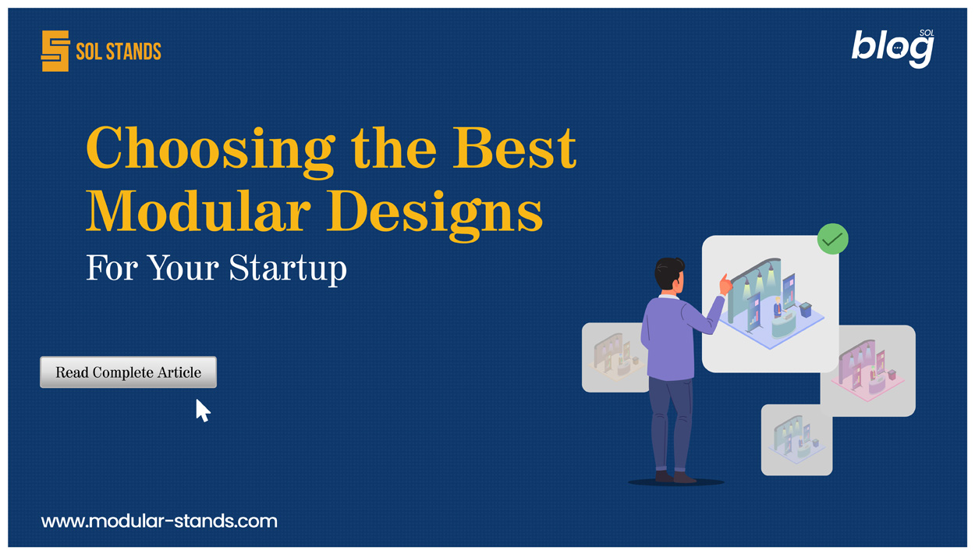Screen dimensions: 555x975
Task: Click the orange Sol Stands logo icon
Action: pyautogui.click(x=55, y=52)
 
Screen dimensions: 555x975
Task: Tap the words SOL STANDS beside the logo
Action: pyautogui.click(x=119, y=52)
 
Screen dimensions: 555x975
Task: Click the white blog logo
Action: pyautogui.click(x=892, y=48)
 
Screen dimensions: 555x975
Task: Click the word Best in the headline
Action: pyautogui.click(x=516, y=147)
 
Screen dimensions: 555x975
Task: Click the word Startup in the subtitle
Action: pyautogui.click(x=287, y=269)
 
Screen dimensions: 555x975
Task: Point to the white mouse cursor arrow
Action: pyautogui.click(x=202, y=410)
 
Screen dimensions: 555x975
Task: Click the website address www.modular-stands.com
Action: pyautogui.click(x=159, y=521)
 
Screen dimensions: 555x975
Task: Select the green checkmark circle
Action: pyautogui.click(x=832, y=239)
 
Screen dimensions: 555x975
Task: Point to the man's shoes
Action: pyautogui.click(x=675, y=476)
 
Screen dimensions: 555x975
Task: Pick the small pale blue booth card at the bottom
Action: pyautogui.click(x=796, y=440)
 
